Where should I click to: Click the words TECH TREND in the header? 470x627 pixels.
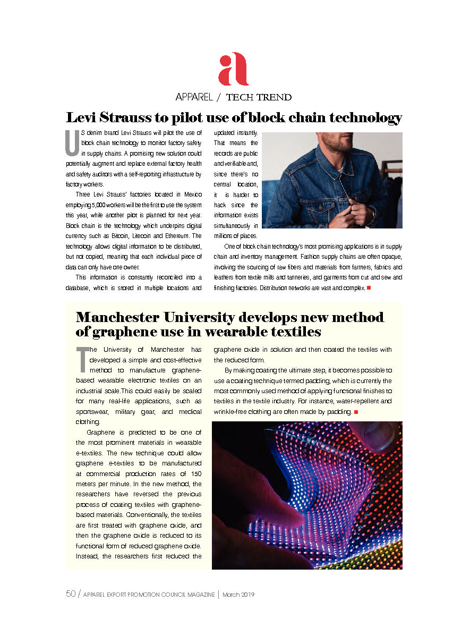coord(259,97)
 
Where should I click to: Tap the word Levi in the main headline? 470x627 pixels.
coord(82,117)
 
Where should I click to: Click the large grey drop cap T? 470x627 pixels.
coord(82,360)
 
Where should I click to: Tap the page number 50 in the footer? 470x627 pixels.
coord(71,595)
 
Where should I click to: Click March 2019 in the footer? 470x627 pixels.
coord(238,595)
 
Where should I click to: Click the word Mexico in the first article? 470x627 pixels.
coord(191,196)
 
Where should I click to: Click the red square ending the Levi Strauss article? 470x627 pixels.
coord(369,288)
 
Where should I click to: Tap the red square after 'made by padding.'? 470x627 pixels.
coord(356,412)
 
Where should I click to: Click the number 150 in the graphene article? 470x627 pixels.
coord(195,473)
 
